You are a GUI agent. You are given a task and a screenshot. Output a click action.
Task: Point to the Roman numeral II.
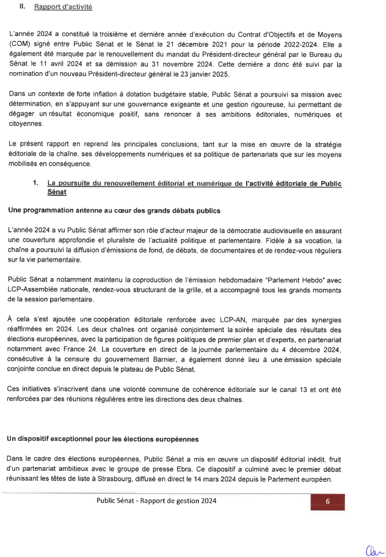click(x=22, y=7)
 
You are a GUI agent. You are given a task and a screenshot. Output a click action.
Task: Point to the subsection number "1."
click(x=37, y=183)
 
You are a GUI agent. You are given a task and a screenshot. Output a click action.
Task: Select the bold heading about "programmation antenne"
click(x=114, y=210)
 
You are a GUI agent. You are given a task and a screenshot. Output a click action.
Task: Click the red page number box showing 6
click(x=327, y=501)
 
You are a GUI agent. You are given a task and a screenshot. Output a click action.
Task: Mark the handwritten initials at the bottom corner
click(x=372, y=548)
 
